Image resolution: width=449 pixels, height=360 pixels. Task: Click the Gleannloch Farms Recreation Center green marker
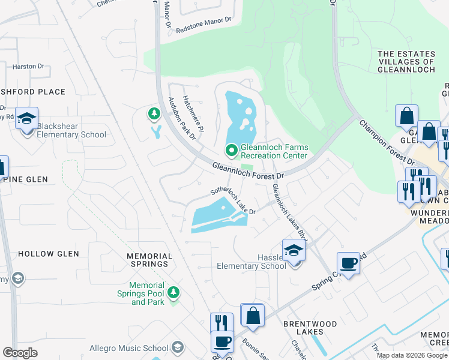coord(231,150)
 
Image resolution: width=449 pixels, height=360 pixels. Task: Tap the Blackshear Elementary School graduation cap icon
coord(26,119)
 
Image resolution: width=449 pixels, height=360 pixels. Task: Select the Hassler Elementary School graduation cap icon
coord(294,250)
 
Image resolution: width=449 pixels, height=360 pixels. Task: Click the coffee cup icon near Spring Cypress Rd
coord(348,263)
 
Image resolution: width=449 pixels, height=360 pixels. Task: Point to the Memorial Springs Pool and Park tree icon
coord(173,292)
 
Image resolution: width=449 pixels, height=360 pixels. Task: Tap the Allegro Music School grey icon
coord(177,347)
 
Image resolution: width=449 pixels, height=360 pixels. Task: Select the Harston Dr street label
coord(25,67)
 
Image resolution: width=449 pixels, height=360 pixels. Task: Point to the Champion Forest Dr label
coord(387,142)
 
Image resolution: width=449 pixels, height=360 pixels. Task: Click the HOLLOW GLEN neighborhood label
coord(49,254)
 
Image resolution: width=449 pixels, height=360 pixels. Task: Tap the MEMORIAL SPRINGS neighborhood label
coord(149,260)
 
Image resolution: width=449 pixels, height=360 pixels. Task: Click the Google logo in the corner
coord(20,352)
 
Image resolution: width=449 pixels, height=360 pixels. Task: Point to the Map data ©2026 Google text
coord(412,355)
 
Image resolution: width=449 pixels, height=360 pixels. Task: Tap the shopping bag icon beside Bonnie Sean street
coord(253,315)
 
